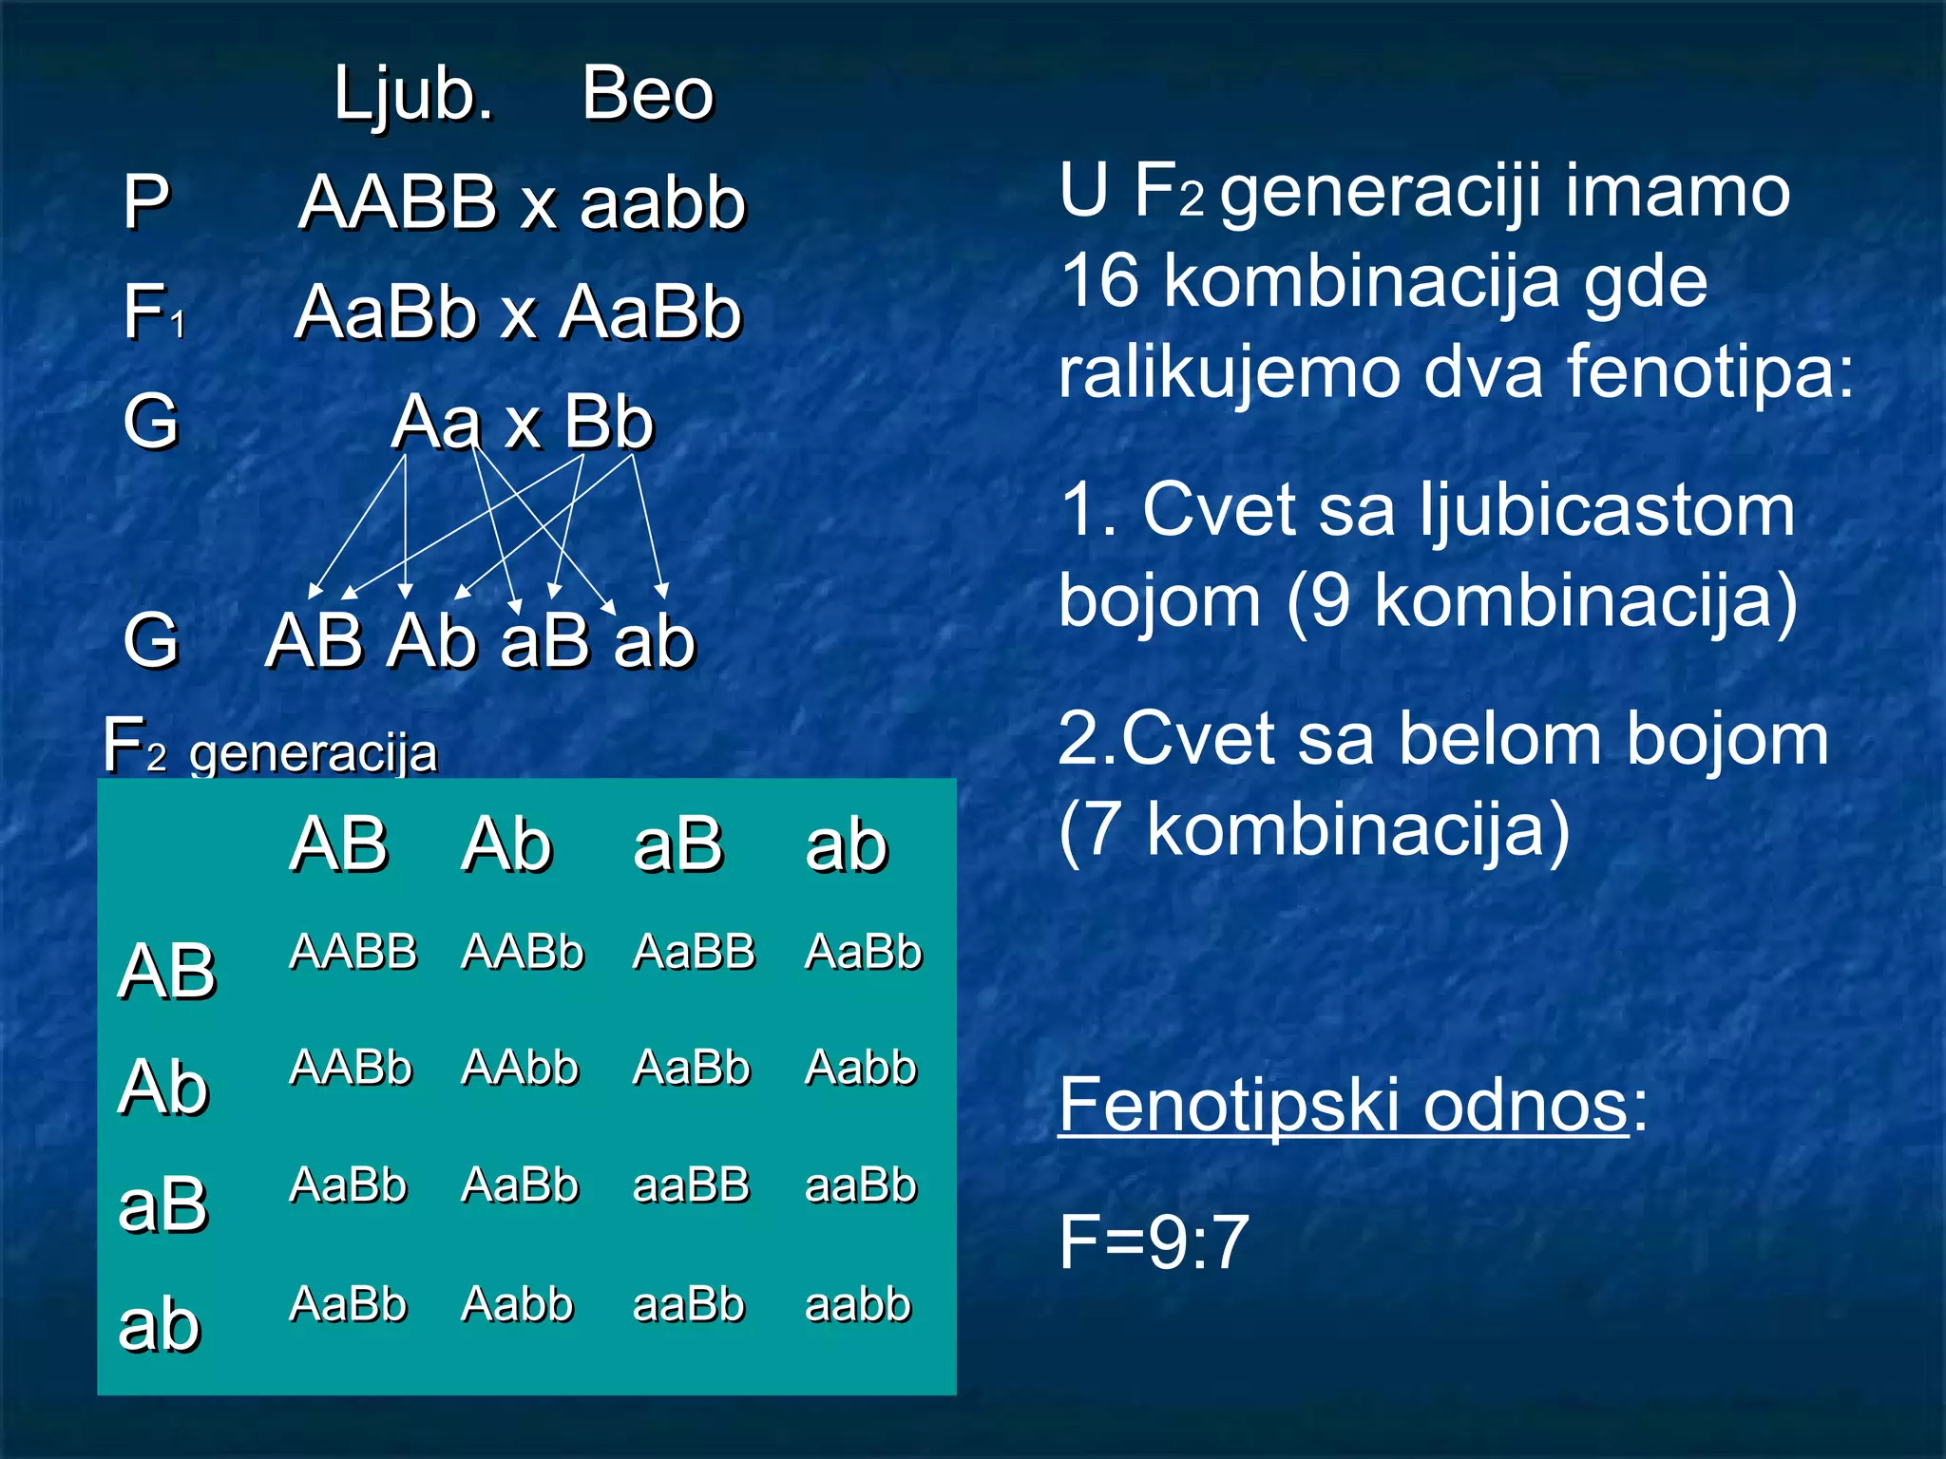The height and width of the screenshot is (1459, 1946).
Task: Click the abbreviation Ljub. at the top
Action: (x=414, y=94)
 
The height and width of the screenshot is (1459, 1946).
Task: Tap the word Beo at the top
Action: (x=647, y=94)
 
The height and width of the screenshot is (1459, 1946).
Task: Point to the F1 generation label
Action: (x=152, y=313)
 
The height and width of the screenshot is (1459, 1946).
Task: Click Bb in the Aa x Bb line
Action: (x=609, y=422)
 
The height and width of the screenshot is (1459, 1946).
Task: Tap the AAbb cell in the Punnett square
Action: (x=520, y=1068)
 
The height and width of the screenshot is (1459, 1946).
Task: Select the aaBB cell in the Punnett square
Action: (x=692, y=1185)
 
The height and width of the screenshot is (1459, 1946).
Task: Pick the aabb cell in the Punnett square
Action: (x=858, y=1304)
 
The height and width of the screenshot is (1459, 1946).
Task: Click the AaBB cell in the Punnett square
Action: (x=694, y=952)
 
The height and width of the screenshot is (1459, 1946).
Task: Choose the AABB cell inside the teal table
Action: (x=353, y=952)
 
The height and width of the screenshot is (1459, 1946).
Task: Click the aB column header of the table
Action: (x=677, y=844)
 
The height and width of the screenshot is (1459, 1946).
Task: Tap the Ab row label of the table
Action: (x=163, y=1088)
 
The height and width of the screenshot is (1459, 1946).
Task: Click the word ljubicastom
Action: (x=1607, y=510)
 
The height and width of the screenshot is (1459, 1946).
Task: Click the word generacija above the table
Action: (x=314, y=754)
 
